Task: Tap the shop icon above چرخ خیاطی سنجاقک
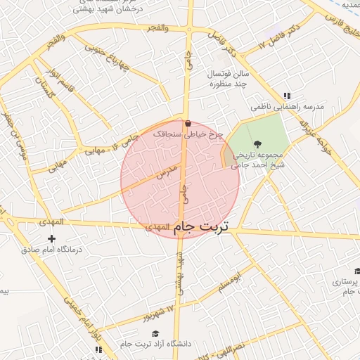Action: [188, 124]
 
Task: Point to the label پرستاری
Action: [344, 282]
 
